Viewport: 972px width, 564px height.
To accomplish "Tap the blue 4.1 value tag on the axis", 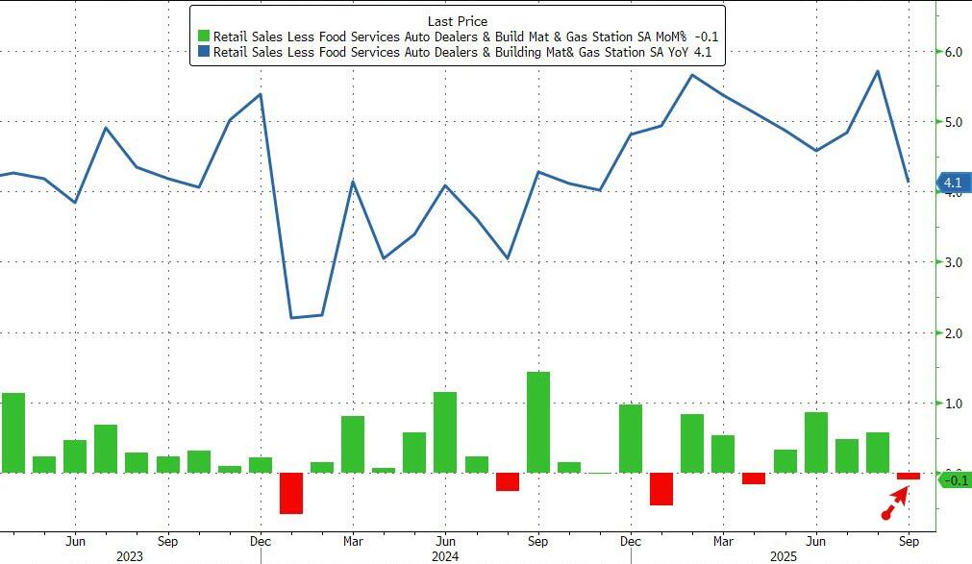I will (x=952, y=183).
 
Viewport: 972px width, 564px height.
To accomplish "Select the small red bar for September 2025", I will (x=909, y=476).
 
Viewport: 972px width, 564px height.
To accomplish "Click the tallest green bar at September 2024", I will (x=538, y=422).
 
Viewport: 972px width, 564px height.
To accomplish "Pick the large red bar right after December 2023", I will (x=291, y=493).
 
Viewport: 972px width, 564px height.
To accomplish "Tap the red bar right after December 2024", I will (x=661, y=488).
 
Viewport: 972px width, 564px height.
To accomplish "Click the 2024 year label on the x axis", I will (x=444, y=555).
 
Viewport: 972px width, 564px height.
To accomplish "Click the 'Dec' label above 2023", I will (x=260, y=540).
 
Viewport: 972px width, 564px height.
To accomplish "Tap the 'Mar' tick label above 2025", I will (x=723, y=540).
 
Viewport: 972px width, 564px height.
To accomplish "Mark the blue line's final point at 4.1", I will (x=909, y=182).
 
